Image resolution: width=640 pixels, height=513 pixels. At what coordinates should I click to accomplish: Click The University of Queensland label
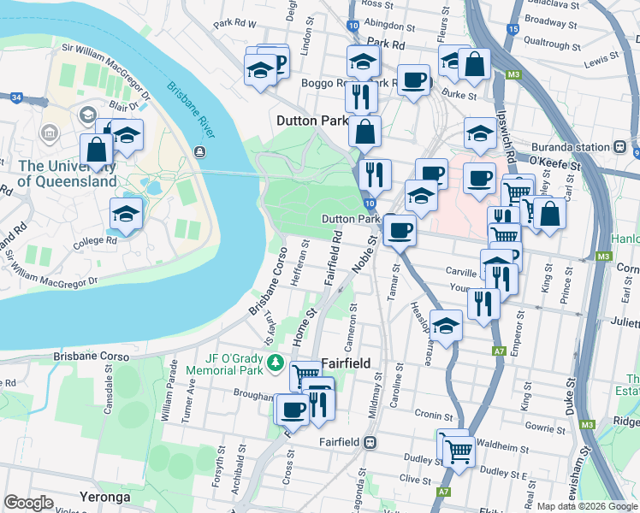[x=67, y=174]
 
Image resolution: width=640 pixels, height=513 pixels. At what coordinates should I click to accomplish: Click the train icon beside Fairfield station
[x=370, y=442]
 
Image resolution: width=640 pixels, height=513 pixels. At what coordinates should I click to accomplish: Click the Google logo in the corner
[x=28, y=503]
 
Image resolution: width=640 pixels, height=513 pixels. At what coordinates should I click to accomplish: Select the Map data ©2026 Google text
[x=587, y=506]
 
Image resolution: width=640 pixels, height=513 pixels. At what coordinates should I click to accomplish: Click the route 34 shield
[x=16, y=97]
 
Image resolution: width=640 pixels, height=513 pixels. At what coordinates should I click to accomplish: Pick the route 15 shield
[x=512, y=29]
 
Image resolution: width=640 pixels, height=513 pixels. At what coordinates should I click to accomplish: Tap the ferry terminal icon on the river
[x=199, y=151]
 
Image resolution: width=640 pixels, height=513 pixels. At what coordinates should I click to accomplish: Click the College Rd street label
[x=96, y=240]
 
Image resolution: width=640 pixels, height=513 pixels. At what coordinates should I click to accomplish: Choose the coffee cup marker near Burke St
[x=414, y=80]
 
